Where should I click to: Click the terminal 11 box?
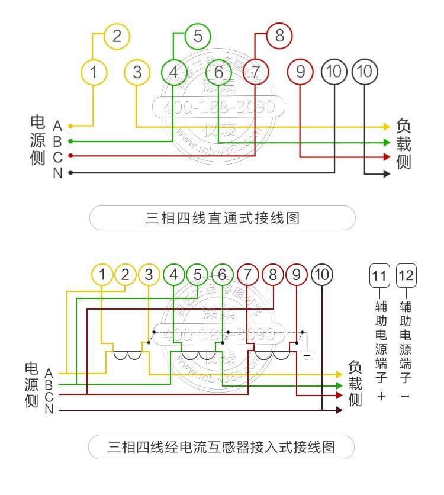381,276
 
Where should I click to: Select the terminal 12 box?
406,276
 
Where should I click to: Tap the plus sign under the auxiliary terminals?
381,396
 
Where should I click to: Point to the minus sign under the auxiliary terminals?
406,396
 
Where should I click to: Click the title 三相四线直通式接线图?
222,218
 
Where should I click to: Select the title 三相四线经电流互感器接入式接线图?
222,446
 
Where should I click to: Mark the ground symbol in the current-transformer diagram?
307,356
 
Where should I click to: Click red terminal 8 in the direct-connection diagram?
279,36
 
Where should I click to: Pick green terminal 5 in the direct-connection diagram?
197,36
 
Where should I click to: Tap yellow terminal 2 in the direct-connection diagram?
117,36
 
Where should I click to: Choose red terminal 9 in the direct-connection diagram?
300,72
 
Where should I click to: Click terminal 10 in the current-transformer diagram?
322,275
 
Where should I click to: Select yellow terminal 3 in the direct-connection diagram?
137,72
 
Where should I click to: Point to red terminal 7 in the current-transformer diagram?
247,275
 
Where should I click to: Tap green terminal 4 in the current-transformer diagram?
173,275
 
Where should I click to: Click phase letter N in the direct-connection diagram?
57,173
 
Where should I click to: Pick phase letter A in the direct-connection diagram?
57,126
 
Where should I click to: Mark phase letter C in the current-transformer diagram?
49,397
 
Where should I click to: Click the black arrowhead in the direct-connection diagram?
387,174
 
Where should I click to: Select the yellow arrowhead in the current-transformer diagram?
339,374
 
